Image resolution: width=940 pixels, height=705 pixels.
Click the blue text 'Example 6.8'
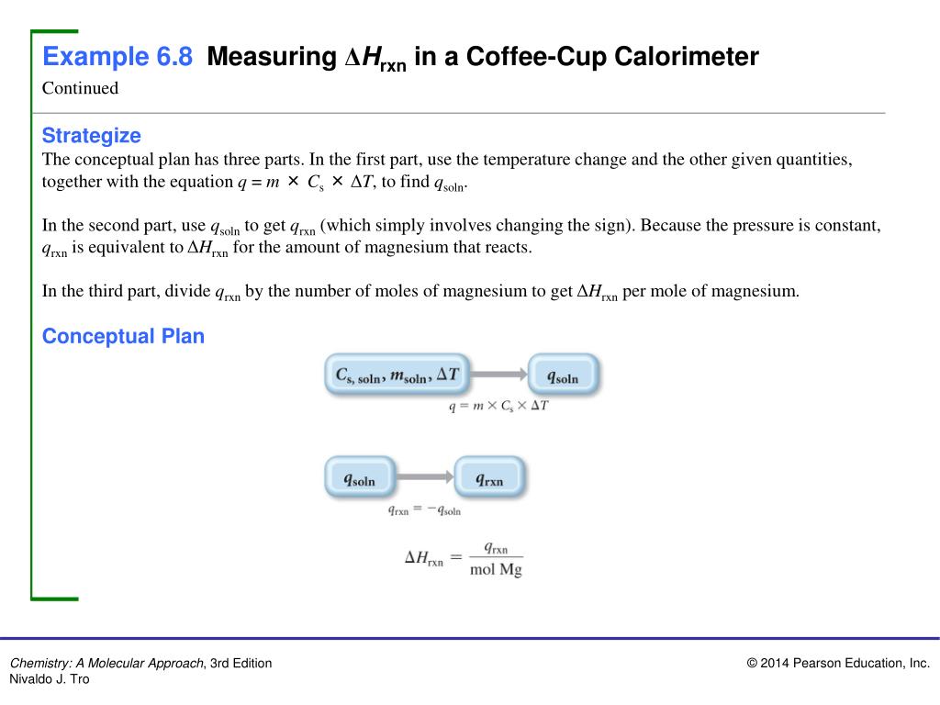pyautogui.click(x=117, y=58)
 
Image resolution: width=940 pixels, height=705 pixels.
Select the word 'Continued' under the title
pyautogui.click(x=81, y=88)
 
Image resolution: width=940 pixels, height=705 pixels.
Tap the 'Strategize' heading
pyautogui.click(x=92, y=136)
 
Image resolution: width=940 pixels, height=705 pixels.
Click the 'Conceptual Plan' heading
pyautogui.click(x=123, y=336)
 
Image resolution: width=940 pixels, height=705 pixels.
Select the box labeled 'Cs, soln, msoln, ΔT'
pyautogui.click(x=397, y=375)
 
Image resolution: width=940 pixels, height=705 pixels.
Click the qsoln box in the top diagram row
pyautogui.click(x=563, y=375)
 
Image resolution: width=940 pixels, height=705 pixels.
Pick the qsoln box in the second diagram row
pyautogui.click(x=359, y=478)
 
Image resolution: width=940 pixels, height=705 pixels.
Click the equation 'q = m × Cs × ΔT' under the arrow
pyautogui.click(x=498, y=405)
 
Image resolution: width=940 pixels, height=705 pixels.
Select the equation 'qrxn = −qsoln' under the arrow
pyautogui.click(x=424, y=509)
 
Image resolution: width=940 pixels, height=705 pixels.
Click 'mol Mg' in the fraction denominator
pyautogui.click(x=496, y=569)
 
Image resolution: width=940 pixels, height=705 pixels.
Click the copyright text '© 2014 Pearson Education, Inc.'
pyautogui.click(x=838, y=664)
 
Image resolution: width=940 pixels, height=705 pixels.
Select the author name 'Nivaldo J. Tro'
pyautogui.click(x=50, y=679)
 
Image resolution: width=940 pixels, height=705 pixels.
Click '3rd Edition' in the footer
pyautogui.click(x=241, y=664)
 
